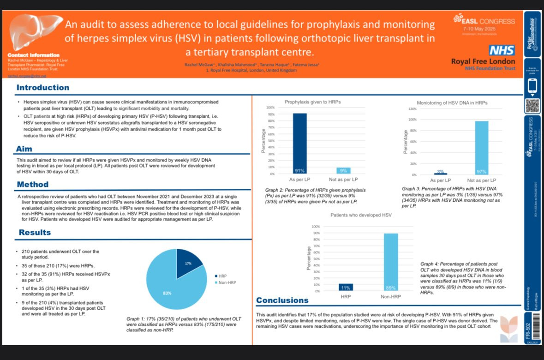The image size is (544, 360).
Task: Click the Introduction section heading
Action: pyautogui.click(x=43, y=88)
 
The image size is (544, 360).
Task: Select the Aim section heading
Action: pyautogui.click(x=24, y=149)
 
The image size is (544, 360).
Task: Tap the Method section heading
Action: pyautogui.click(x=32, y=185)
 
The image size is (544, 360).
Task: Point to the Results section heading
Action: pyautogui.click(x=35, y=233)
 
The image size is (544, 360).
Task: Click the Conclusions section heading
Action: pyautogui.click(x=282, y=300)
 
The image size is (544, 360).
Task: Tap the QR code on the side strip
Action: pyautogui.click(x=532, y=106)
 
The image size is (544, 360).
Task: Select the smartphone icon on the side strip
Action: pyautogui.click(x=532, y=86)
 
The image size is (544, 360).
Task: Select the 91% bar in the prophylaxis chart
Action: pyautogui.click(x=300, y=143)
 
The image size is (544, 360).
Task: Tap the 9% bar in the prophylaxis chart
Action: pyautogui.click(x=343, y=170)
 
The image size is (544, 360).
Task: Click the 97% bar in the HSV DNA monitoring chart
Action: pyautogui.click(x=482, y=148)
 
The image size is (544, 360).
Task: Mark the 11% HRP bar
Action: pyautogui.click(x=346, y=287)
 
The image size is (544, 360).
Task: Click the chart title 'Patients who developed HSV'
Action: pyautogui.click(x=361, y=215)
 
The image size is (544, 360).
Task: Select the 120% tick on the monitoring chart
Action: pyautogui.click(x=412, y=109)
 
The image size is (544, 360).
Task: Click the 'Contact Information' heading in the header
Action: pyautogui.click(x=34, y=55)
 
